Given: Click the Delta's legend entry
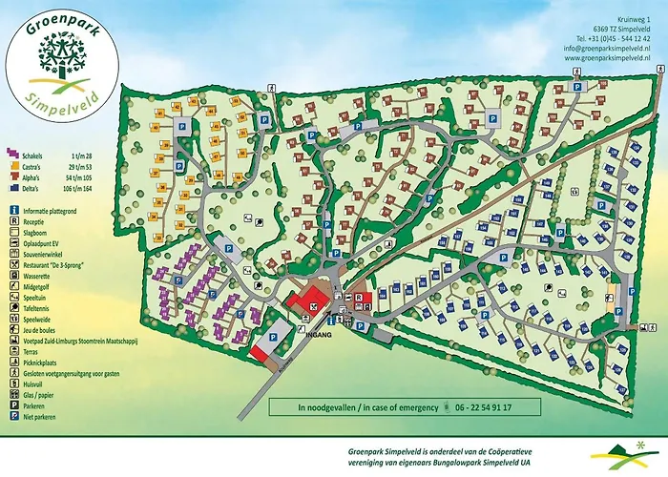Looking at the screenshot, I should (36, 190).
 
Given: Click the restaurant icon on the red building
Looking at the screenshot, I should (314, 305).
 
